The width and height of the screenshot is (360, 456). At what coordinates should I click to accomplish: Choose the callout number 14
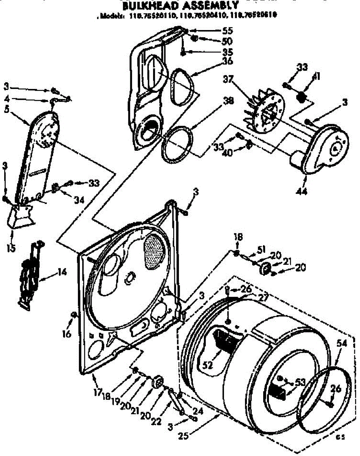pyautogui.click(x=62, y=272)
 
